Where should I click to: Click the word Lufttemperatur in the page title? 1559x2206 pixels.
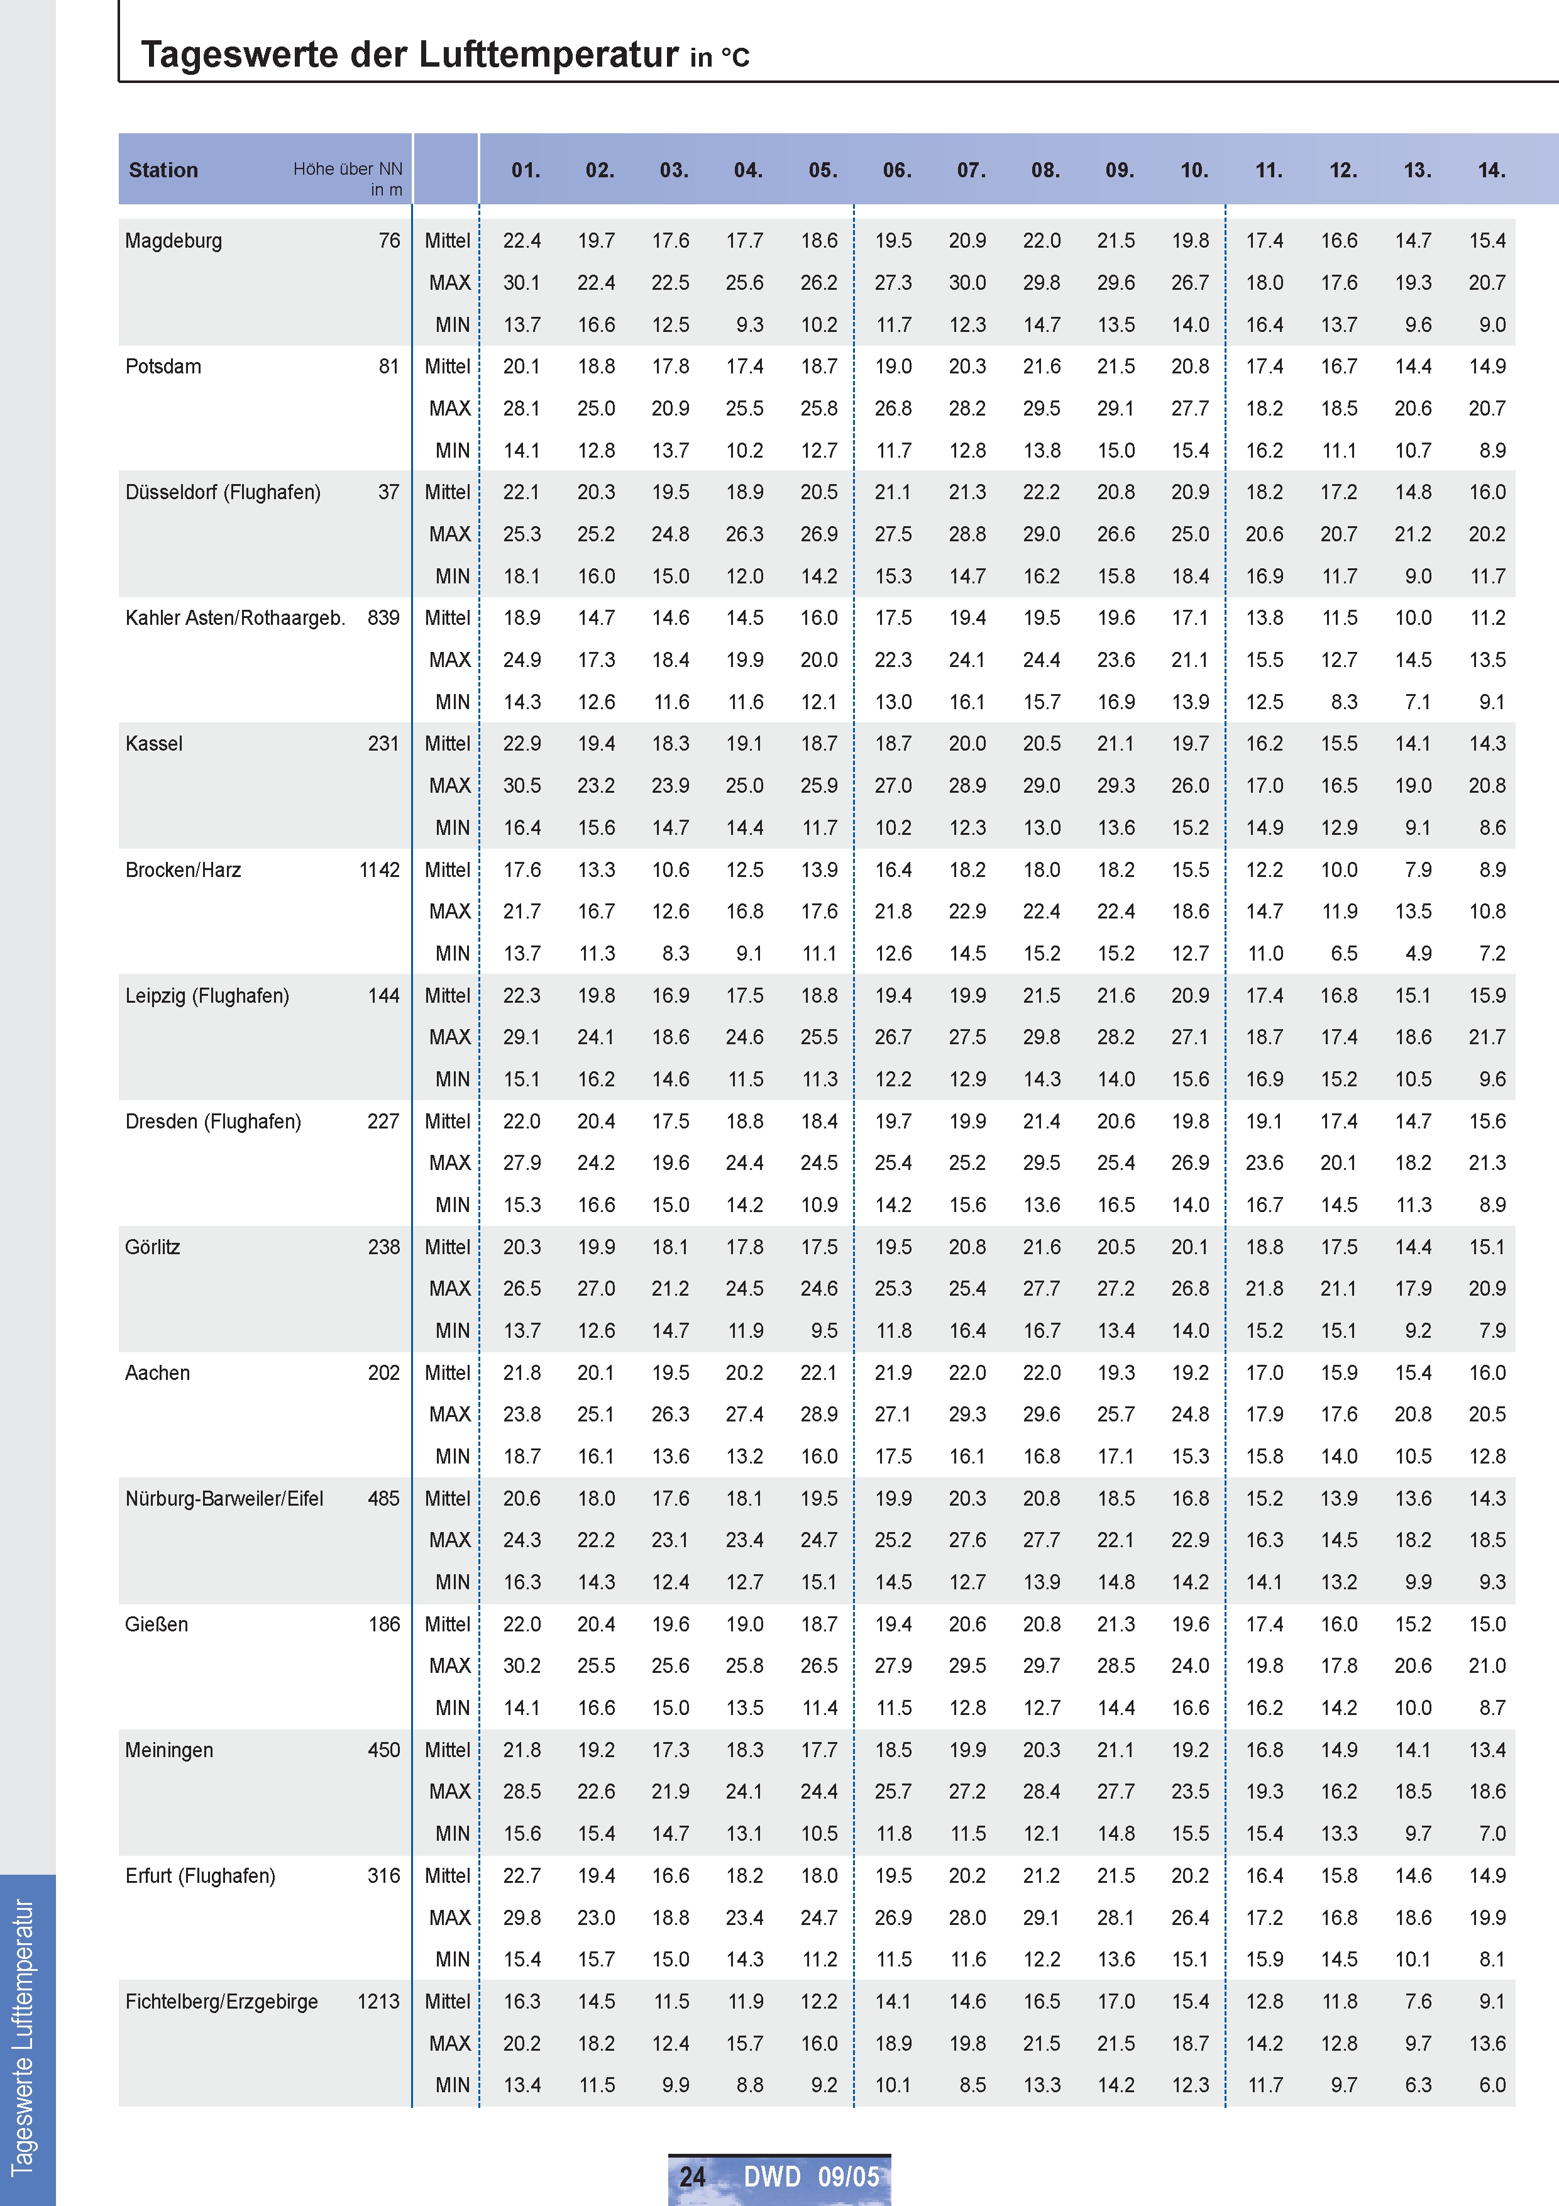549,55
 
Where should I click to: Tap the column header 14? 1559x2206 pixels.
1491,171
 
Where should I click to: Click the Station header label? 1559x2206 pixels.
163,171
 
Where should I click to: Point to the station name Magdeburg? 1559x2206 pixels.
173,241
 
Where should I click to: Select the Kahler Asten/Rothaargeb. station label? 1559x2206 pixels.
234,619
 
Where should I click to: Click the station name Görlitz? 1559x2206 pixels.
151,1247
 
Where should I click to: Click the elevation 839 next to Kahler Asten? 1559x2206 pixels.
383,619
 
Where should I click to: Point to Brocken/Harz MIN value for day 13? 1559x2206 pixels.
1418,954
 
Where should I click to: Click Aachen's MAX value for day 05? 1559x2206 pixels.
818,1415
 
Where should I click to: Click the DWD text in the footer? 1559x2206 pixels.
771,2176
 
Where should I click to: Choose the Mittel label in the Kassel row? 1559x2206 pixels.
448,744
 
